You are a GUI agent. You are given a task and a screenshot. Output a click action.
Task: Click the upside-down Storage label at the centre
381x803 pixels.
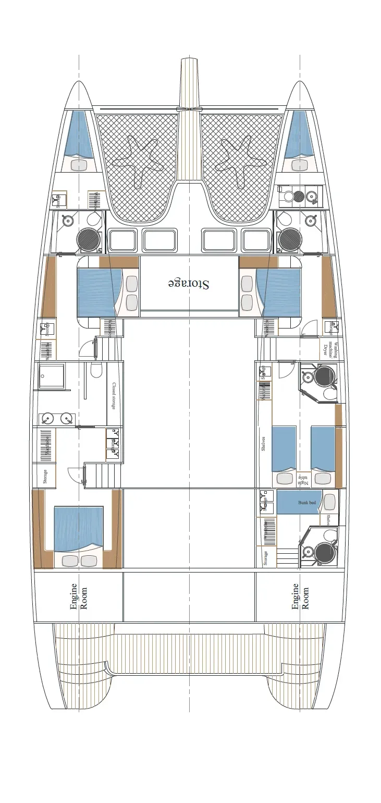(189, 284)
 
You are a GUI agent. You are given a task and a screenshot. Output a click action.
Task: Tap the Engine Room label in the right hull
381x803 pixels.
(300, 597)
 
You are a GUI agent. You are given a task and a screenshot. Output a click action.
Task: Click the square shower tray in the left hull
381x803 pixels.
(52, 376)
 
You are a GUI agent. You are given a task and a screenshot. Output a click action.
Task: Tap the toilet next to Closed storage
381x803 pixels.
(96, 371)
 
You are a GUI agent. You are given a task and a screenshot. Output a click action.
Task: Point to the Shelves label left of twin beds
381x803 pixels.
(263, 445)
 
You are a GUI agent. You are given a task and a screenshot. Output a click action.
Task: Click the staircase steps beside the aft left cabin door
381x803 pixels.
(97, 476)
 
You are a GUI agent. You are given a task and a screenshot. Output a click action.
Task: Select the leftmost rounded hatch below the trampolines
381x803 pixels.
(122, 240)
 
